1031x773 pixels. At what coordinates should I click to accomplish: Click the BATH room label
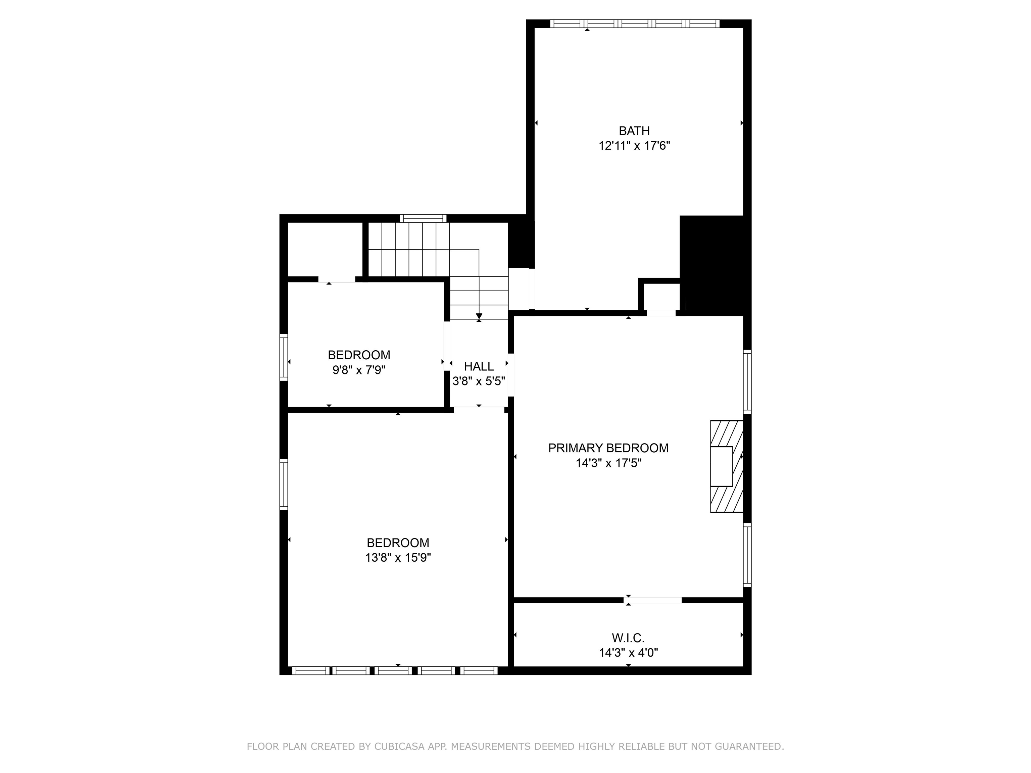634,131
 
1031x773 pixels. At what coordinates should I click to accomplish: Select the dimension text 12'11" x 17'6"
634,146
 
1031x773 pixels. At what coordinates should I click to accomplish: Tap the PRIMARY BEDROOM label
608,448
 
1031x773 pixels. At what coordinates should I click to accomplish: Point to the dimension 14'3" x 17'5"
608,463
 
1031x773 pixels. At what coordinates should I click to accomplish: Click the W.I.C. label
628,638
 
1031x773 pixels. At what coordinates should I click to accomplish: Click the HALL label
479,366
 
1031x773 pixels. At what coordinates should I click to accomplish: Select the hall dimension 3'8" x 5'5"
479,381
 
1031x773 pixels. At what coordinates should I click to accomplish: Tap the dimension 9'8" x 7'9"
358,370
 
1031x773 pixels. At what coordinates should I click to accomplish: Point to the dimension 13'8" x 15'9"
398,558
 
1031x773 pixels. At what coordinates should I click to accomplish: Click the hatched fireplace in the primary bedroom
725,466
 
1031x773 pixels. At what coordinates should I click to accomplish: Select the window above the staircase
423,218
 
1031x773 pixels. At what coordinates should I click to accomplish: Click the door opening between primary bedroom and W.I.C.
652,600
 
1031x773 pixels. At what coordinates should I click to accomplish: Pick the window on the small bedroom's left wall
283,357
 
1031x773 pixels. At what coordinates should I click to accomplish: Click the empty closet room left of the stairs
325,249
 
